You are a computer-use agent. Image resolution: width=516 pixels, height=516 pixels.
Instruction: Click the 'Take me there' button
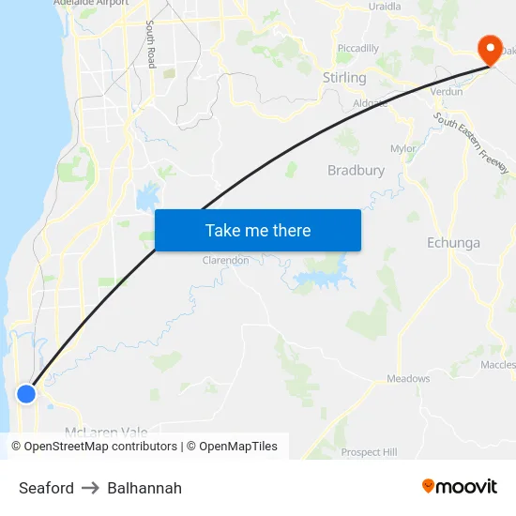point(258,230)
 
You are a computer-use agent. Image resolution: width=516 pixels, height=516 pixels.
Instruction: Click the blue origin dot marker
point(26,393)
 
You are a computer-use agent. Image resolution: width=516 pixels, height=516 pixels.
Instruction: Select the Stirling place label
point(343,77)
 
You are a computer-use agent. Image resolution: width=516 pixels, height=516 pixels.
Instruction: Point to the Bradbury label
point(356,170)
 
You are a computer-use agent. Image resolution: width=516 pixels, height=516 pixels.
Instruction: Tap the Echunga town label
point(453,243)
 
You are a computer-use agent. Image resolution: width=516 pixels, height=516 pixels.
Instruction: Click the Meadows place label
point(408,379)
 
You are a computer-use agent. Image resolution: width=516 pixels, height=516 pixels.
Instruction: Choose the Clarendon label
point(226,260)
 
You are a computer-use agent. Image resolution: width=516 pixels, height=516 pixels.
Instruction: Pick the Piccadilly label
point(357,49)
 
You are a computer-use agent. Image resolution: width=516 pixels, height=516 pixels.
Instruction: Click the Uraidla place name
point(385,6)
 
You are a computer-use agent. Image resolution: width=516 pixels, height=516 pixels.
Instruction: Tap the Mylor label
point(403,148)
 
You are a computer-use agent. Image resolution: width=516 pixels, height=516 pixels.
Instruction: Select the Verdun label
point(446,92)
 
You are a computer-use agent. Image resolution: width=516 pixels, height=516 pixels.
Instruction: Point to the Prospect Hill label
point(369,452)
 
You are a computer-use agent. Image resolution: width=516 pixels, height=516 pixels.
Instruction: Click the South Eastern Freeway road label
point(471,143)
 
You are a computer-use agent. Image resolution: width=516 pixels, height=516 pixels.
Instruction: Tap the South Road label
point(150,45)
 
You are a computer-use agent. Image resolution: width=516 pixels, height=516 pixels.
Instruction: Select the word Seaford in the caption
point(46,488)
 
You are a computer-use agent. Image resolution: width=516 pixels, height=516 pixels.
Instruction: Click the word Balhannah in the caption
point(144,488)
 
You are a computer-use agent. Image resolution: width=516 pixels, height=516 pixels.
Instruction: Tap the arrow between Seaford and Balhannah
point(90,488)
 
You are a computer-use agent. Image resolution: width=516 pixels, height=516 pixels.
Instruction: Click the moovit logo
point(460,486)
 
